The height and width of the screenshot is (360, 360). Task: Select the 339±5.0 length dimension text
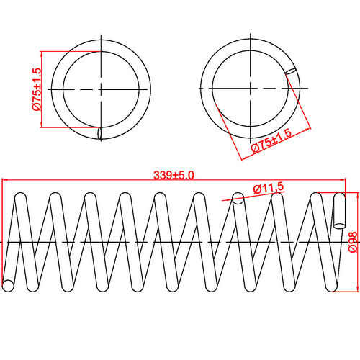coord(174,174)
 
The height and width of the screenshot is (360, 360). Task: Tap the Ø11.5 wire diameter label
coord(267,188)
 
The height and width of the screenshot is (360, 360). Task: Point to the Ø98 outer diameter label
coord(352,243)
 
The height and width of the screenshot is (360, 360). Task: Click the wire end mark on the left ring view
coord(99,133)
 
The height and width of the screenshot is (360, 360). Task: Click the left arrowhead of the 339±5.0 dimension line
coord(5,180)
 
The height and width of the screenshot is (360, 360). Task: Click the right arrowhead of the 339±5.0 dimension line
coord(344,180)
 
